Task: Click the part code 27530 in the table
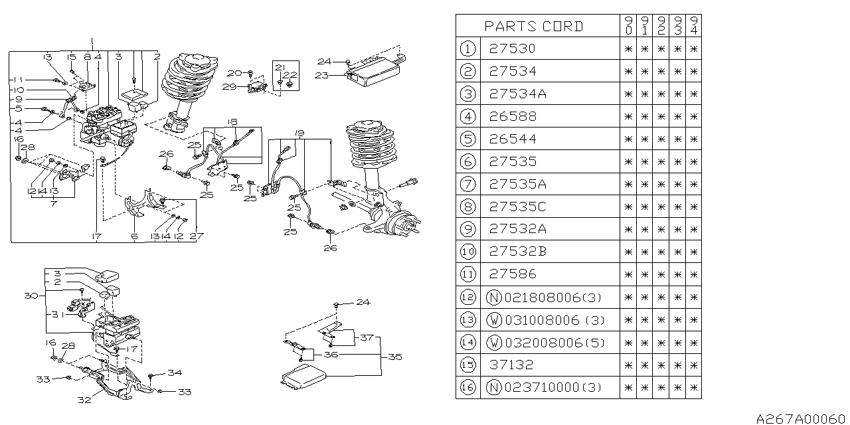(x=512, y=48)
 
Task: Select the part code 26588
(x=512, y=117)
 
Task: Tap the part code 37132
(x=512, y=365)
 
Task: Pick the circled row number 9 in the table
(x=468, y=230)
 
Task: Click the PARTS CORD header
(x=534, y=27)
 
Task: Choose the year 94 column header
(x=694, y=26)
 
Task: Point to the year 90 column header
(x=628, y=26)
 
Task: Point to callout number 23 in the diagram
(x=321, y=75)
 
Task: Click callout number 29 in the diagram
(x=228, y=87)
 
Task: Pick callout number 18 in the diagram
(x=232, y=122)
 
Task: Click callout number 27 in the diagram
(x=197, y=235)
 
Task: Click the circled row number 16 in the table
(x=468, y=388)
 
